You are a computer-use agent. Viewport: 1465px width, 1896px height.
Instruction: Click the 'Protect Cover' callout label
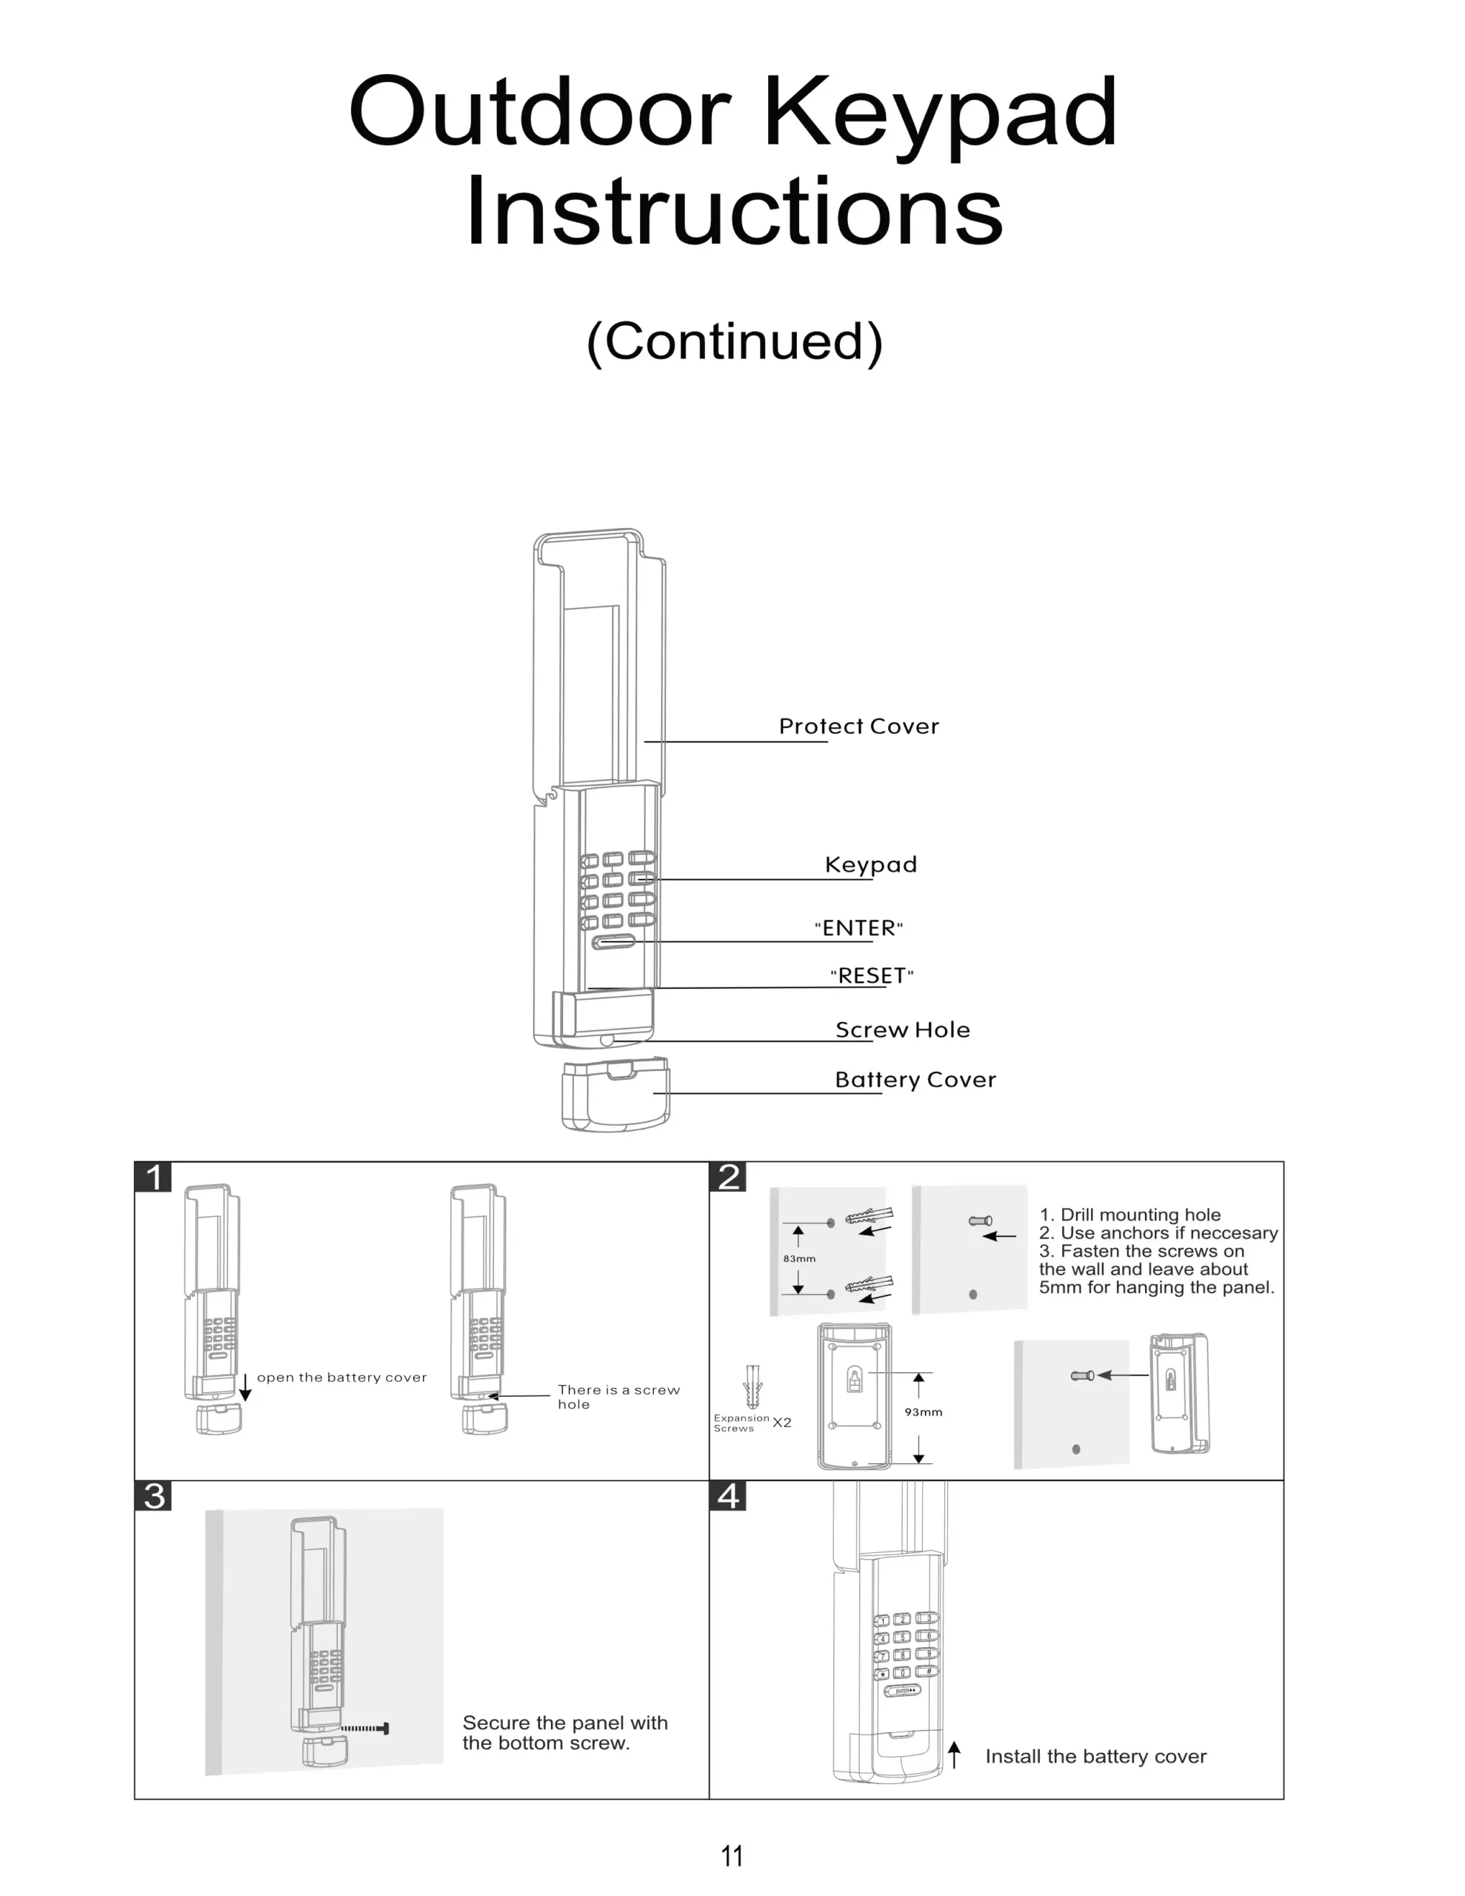tap(858, 726)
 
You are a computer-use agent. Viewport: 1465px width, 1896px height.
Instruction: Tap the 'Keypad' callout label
tap(871, 864)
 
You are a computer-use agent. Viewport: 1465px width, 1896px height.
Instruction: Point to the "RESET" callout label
tap(872, 976)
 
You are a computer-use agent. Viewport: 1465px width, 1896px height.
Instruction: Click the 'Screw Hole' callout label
tap(903, 1029)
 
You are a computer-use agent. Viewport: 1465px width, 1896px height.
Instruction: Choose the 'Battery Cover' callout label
tap(915, 1080)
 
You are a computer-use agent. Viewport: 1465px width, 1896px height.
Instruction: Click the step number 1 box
tap(154, 1177)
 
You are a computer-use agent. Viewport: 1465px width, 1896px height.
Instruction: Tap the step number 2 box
tap(729, 1177)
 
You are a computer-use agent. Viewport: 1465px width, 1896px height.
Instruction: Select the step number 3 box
tap(154, 1496)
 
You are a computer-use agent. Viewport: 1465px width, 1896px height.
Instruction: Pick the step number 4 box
tap(729, 1496)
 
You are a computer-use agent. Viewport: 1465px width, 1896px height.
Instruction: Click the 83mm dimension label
tap(799, 1259)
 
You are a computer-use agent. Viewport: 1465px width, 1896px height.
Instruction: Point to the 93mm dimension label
tap(923, 1412)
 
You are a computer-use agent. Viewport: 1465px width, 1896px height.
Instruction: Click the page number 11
tap(732, 1856)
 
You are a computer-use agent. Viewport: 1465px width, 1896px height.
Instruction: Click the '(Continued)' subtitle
tap(735, 341)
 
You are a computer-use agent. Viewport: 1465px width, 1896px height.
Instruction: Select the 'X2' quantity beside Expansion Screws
tap(781, 1422)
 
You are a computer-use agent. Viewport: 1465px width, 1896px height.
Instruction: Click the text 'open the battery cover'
tap(342, 1378)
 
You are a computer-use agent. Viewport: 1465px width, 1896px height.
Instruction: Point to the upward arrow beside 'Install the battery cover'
tap(955, 1755)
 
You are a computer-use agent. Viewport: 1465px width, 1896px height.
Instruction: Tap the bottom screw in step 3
tap(364, 1729)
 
